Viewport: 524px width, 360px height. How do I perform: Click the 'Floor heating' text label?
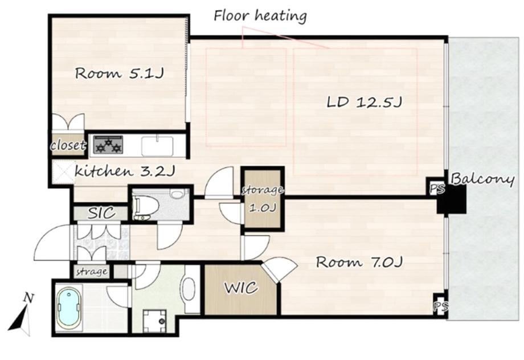click(260, 16)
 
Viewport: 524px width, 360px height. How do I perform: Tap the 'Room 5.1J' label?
click(119, 73)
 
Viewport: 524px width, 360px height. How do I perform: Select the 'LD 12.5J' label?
click(364, 102)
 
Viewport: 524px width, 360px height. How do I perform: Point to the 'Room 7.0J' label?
click(359, 262)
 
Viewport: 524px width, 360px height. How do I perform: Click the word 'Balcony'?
click(482, 179)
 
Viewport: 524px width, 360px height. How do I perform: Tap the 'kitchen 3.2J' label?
click(124, 171)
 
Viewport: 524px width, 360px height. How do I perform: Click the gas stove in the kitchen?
click(108, 145)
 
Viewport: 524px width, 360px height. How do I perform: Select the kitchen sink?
click(157, 146)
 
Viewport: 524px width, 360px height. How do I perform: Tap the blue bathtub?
click(69, 308)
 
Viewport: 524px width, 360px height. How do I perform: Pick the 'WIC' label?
click(241, 288)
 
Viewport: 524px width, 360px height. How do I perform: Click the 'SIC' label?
click(101, 213)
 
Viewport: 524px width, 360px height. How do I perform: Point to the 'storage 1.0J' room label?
click(263, 199)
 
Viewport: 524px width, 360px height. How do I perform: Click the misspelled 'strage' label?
click(92, 272)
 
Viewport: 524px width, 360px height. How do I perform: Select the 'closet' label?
click(68, 145)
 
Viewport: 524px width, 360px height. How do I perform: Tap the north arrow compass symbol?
click(21, 315)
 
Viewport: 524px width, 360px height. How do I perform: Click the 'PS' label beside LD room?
click(437, 189)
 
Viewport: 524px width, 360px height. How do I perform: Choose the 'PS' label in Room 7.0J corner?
click(441, 305)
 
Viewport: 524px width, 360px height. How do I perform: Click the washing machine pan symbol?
click(154, 321)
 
